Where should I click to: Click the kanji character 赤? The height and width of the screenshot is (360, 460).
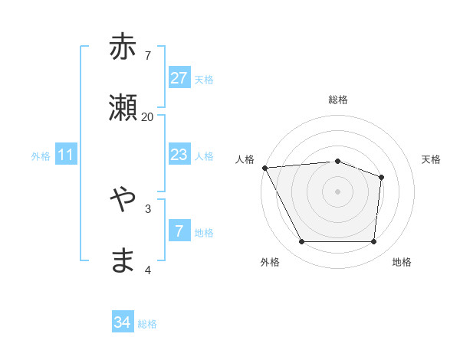click(x=123, y=47)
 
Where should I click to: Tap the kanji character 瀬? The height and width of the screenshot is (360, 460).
click(x=123, y=108)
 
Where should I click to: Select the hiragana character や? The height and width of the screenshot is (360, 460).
click(x=123, y=200)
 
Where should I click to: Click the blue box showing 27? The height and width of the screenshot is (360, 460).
click(x=179, y=78)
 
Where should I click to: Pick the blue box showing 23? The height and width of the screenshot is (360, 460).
click(x=179, y=155)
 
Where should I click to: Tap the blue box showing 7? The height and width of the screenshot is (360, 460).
click(x=179, y=231)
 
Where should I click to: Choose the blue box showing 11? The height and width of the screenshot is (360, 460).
click(x=66, y=155)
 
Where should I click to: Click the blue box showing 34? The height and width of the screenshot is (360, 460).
click(x=123, y=323)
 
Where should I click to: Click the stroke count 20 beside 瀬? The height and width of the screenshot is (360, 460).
click(x=148, y=116)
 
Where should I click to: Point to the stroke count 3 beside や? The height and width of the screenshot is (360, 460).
click(x=148, y=208)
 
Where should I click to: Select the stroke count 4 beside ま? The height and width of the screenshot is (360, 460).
click(x=148, y=270)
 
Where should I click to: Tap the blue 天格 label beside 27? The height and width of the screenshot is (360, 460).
click(x=204, y=79)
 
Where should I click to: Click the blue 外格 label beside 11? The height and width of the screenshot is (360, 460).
click(x=41, y=156)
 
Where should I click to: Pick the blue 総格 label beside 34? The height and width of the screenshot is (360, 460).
click(x=147, y=324)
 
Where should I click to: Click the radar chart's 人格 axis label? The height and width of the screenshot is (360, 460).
click(x=245, y=159)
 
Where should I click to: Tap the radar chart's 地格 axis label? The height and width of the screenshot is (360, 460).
click(x=402, y=262)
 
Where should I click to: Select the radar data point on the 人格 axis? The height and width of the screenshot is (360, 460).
click(x=264, y=168)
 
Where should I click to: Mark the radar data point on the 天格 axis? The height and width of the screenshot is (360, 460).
click(x=381, y=177)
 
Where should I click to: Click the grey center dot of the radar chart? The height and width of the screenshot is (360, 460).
click(x=337, y=191)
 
